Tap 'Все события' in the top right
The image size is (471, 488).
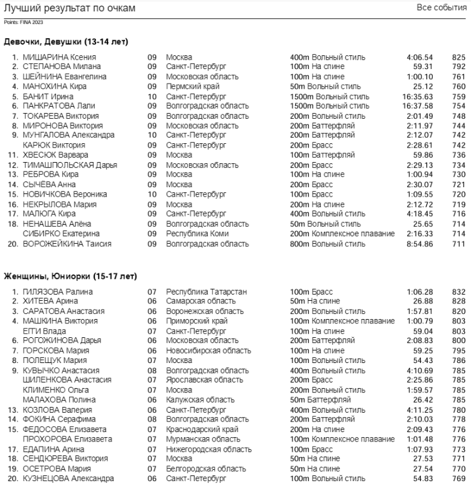[x=443, y=8]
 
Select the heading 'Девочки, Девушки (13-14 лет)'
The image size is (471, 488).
[x=66, y=42]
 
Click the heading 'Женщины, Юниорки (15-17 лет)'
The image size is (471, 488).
[x=70, y=277]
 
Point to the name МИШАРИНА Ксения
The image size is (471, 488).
[x=55, y=57]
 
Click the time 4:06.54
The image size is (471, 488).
[x=421, y=57]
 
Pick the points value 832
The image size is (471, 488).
[x=459, y=291]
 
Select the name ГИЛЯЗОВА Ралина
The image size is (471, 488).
[x=57, y=291]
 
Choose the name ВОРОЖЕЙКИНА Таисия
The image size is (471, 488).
[x=65, y=243]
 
